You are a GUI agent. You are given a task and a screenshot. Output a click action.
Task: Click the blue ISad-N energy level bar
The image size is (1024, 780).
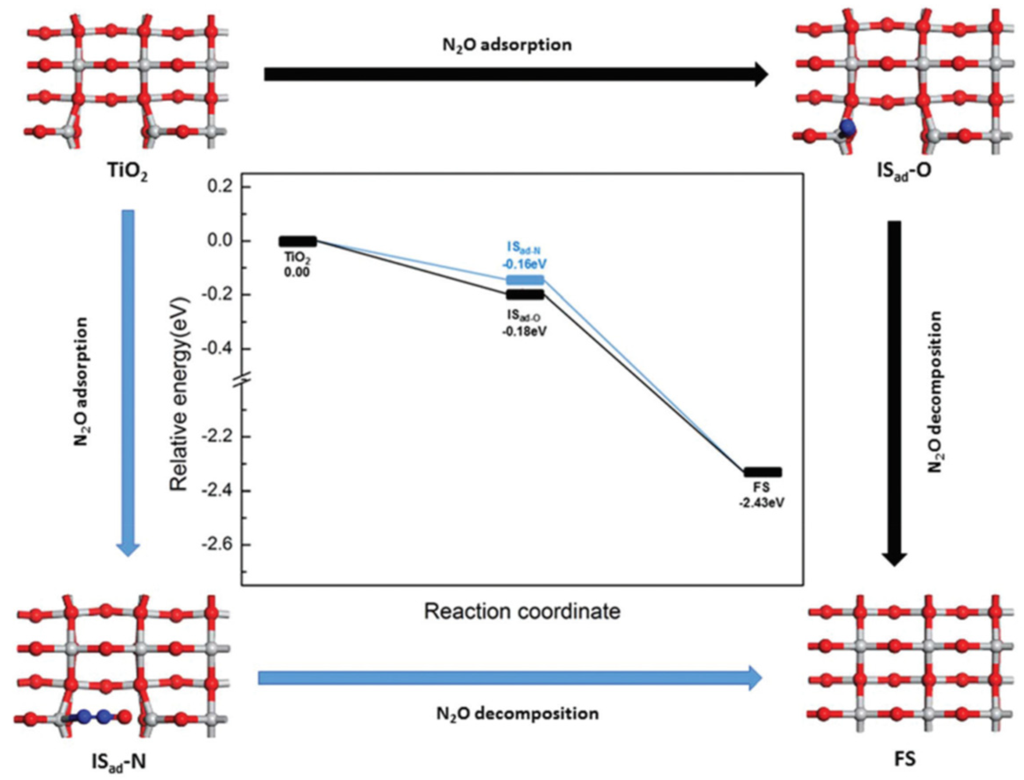(525, 280)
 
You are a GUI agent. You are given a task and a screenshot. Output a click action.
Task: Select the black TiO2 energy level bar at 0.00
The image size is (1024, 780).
(298, 241)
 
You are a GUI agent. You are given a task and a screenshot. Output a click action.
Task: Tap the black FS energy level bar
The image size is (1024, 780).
(762, 472)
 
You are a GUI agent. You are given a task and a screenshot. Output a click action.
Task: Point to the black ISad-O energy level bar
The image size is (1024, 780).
(525, 295)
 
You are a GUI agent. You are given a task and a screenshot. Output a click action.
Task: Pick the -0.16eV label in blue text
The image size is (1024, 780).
(524, 264)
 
